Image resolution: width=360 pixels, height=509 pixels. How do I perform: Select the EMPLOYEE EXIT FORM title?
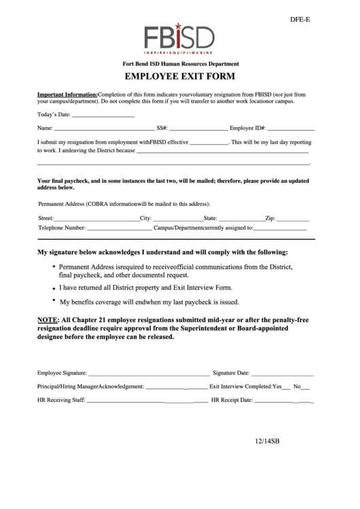pyautogui.click(x=179, y=77)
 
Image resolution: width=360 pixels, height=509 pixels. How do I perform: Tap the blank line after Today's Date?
pyautogui.click(x=103, y=115)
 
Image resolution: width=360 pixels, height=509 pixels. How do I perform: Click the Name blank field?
pyautogui.click(x=104, y=128)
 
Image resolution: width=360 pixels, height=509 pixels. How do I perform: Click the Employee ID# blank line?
pyautogui.click(x=291, y=128)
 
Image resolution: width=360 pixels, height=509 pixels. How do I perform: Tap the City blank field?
pyautogui.click(x=177, y=220)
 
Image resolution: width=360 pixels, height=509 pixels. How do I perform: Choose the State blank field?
pyautogui.click(x=240, y=220)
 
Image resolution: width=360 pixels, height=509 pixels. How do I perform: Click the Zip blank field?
pyautogui.click(x=293, y=220)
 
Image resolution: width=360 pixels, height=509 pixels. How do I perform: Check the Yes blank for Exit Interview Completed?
pyautogui.click(x=286, y=387)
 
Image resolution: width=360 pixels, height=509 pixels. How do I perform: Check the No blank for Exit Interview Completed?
pyautogui.click(x=305, y=387)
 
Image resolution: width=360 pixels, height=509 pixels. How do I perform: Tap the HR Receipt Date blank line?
pyautogui.click(x=284, y=402)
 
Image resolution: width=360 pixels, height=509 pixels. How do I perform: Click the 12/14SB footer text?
pyautogui.click(x=267, y=441)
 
